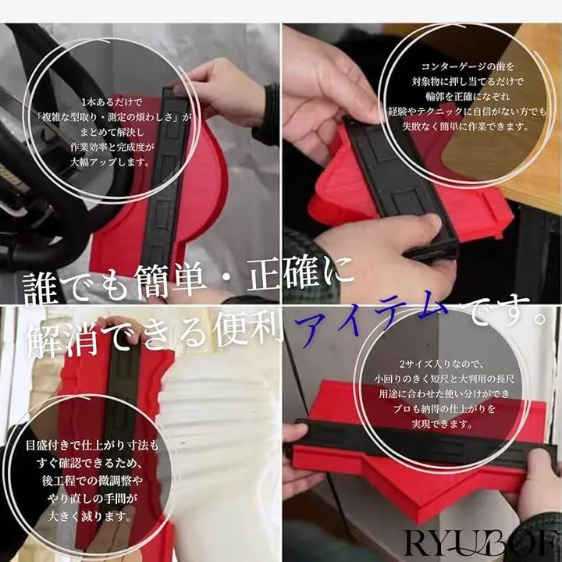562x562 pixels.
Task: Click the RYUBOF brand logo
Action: (482, 544)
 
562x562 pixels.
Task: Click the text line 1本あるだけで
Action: (112, 102)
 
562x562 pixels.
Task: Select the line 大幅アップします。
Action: (110, 162)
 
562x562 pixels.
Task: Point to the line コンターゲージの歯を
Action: (468, 66)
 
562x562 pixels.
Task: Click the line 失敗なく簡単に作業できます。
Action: (465, 126)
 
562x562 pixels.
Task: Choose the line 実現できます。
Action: (443, 424)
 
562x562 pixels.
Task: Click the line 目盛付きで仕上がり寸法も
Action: (92, 446)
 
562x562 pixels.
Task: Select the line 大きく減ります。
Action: (90, 517)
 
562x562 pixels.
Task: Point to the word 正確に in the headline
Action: (301, 276)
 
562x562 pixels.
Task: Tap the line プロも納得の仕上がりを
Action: (444, 409)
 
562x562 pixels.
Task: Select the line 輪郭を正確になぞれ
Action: (468, 97)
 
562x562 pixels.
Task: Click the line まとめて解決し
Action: (112, 132)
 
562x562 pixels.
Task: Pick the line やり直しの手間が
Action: (92, 499)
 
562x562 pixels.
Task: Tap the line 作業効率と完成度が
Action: (112, 147)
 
